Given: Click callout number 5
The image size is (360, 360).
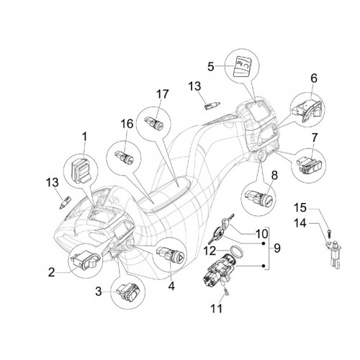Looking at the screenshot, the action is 210,66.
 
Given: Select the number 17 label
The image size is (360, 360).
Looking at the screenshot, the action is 163,94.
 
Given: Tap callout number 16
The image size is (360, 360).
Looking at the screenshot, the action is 127,124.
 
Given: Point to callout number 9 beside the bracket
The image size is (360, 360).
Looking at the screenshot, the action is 276,248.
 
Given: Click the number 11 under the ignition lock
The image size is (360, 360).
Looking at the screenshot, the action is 216,308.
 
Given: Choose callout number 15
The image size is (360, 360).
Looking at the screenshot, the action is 300,207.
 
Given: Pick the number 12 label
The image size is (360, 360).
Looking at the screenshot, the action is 210,251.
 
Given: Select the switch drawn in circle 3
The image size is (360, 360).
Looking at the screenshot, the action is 127,291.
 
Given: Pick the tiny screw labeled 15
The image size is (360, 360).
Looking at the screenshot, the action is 328,233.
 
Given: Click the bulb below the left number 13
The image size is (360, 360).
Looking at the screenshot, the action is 65,202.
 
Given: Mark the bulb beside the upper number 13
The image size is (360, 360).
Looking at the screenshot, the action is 212,105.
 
